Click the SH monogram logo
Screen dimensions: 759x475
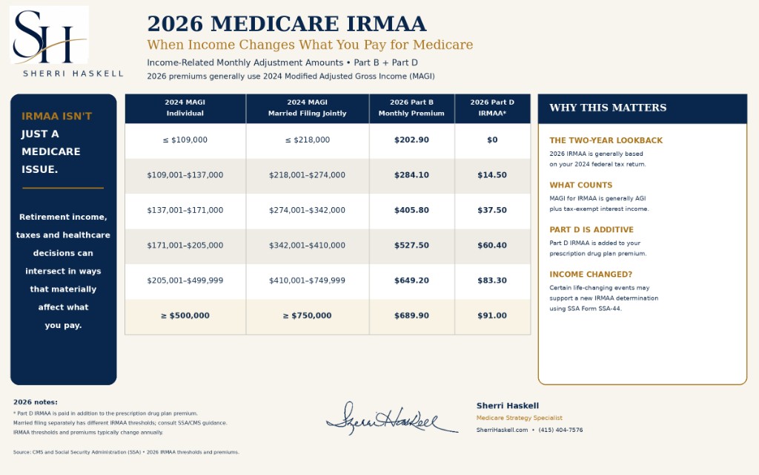pyautogui.click(x=49, y=35)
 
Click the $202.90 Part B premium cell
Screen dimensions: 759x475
pyautogui.click(x=411, y=140)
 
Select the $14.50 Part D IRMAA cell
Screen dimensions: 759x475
pyautogui.click(x=492, y=175)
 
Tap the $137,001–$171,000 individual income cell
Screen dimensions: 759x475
pyautogui.click(x=185, y=210)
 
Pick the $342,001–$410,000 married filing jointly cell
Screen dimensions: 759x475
pyautogui.click(x=308, y=245)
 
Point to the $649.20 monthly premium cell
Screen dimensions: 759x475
pyautogui.click(x=411, y=281)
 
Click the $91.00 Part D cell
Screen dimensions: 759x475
pyautogui.click(x=492, y=315)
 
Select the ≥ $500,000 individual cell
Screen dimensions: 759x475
pyautogui.click(x=185, y=315)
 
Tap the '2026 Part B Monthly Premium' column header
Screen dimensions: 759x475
pyautogui.click(x=411, y=108)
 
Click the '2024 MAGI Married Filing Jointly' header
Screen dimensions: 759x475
pyautogui.click(x=308, y=108)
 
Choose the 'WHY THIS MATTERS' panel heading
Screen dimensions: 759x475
pyautogui.click(x=608, y=108)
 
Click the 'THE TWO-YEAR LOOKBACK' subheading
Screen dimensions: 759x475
pyautogui.click(x=606, y=140)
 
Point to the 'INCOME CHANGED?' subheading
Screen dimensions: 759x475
pyautogui.click(x=591, y=275)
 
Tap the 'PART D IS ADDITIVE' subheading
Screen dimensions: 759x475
pyautogui.click(x=591, y=230)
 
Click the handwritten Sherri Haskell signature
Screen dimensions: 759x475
pyautogui.click(x=391, y=419)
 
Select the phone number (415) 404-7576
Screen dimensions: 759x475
pyautogui.click(x=560, y=430)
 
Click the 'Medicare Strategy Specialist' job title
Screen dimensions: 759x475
pyautogui.click(x=520, y=418)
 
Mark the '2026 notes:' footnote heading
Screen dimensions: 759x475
pyautogui.click(x=36, y=402)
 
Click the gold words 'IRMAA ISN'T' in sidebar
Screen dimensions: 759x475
pyautogui.click(x=56, y=117)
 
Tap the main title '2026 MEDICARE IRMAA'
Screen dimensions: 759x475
pyautogui.click(x=287, y=24)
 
